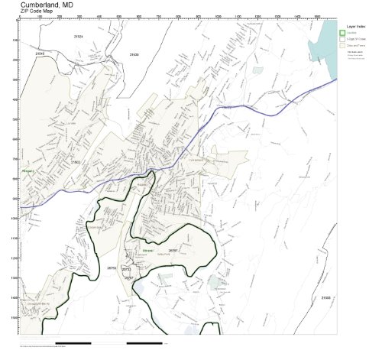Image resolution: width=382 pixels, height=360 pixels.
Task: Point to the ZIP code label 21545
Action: point(40,54)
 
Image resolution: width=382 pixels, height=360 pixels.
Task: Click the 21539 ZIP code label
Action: point(134,55)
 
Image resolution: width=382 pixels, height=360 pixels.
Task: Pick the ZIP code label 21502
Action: point(75,162)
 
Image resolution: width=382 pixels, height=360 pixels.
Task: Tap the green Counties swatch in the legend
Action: point(343,32)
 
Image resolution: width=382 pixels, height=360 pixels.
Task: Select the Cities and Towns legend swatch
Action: point(343,46)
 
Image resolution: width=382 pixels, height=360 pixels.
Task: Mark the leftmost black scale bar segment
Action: point(77,342)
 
